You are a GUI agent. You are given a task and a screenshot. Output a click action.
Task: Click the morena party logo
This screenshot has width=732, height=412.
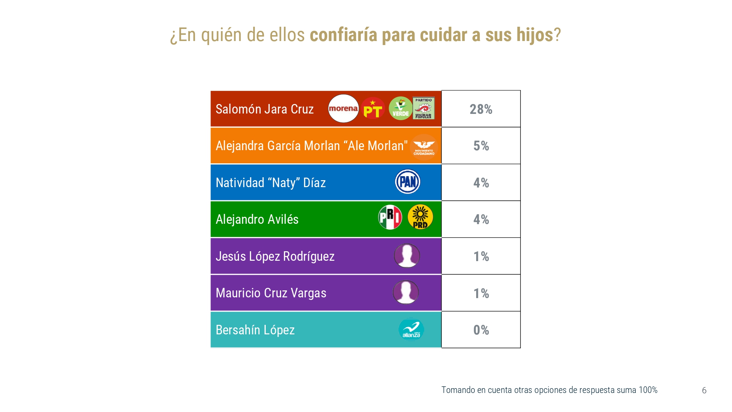[343, 108]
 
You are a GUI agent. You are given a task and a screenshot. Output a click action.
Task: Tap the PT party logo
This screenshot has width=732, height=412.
[373, 108]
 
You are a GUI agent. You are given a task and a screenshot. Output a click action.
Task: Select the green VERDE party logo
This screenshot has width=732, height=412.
[400, 108]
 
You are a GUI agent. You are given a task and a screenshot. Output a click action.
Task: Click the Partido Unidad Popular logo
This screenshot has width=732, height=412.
[423, 108]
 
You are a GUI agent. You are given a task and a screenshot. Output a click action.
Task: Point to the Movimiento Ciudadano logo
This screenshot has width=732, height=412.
[424, 147]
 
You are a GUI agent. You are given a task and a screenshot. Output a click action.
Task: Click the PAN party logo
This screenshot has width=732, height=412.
[408, 182]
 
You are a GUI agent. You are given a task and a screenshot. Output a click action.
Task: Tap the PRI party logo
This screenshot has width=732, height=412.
[390, 217]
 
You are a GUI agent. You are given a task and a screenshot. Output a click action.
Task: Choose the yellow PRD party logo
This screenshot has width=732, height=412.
[420, 217]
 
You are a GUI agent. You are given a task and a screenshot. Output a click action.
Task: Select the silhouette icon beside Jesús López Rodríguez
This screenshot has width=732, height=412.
[407, 256]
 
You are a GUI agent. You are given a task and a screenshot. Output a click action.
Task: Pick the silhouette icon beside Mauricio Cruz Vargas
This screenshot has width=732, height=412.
[406, 292]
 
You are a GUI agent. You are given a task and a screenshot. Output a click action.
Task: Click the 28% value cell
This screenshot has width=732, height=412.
[481, 109]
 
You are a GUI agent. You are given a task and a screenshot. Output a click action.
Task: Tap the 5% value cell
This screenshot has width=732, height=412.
[481, 146]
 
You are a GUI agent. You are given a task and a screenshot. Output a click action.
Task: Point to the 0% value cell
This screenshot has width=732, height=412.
[481, 330]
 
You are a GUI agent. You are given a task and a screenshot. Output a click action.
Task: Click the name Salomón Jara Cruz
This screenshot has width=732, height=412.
[265, 109]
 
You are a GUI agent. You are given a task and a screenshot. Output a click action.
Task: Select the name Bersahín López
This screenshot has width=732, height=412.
[255, 330]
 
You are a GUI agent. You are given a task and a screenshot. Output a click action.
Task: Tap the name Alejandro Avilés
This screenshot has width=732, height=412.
[257, 219]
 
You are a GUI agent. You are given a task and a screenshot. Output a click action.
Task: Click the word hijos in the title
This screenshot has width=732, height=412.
[534, 35]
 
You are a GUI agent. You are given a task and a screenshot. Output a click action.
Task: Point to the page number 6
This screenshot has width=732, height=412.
[704, 390]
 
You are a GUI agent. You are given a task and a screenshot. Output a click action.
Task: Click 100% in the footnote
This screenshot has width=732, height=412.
[648, 390]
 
